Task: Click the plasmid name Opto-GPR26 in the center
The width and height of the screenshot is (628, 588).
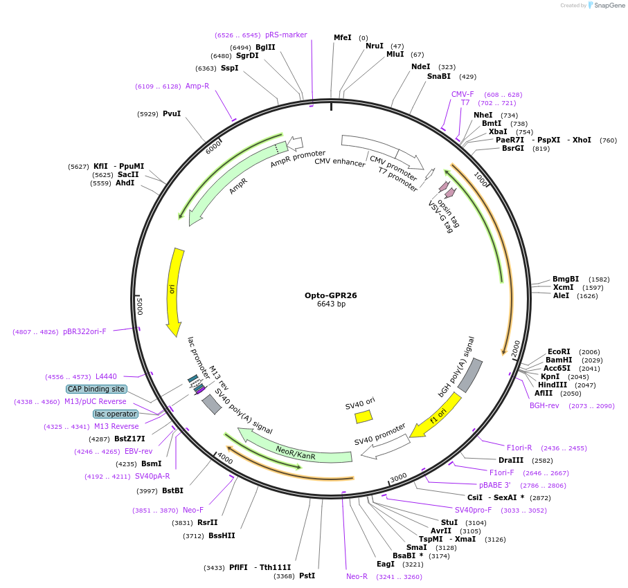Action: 331,295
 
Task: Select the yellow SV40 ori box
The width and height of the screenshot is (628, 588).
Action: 364,416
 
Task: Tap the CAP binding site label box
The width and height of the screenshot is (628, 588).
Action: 96,389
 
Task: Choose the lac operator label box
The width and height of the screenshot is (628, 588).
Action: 116,414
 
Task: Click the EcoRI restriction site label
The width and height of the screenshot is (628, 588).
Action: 559,351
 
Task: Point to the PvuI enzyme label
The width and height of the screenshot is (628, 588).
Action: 172,113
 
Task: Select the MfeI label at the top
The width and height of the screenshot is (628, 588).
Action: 343,37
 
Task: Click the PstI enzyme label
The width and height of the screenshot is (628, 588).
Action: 307,576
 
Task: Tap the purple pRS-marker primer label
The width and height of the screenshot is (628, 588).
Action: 286,35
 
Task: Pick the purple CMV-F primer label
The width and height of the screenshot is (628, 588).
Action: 463,94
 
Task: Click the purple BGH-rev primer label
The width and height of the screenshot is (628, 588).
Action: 544,405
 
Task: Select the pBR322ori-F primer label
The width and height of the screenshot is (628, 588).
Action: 84,331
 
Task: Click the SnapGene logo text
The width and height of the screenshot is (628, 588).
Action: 610,6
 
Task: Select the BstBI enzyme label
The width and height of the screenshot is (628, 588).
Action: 172,490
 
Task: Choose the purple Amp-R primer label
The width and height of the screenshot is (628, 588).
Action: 197,86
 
